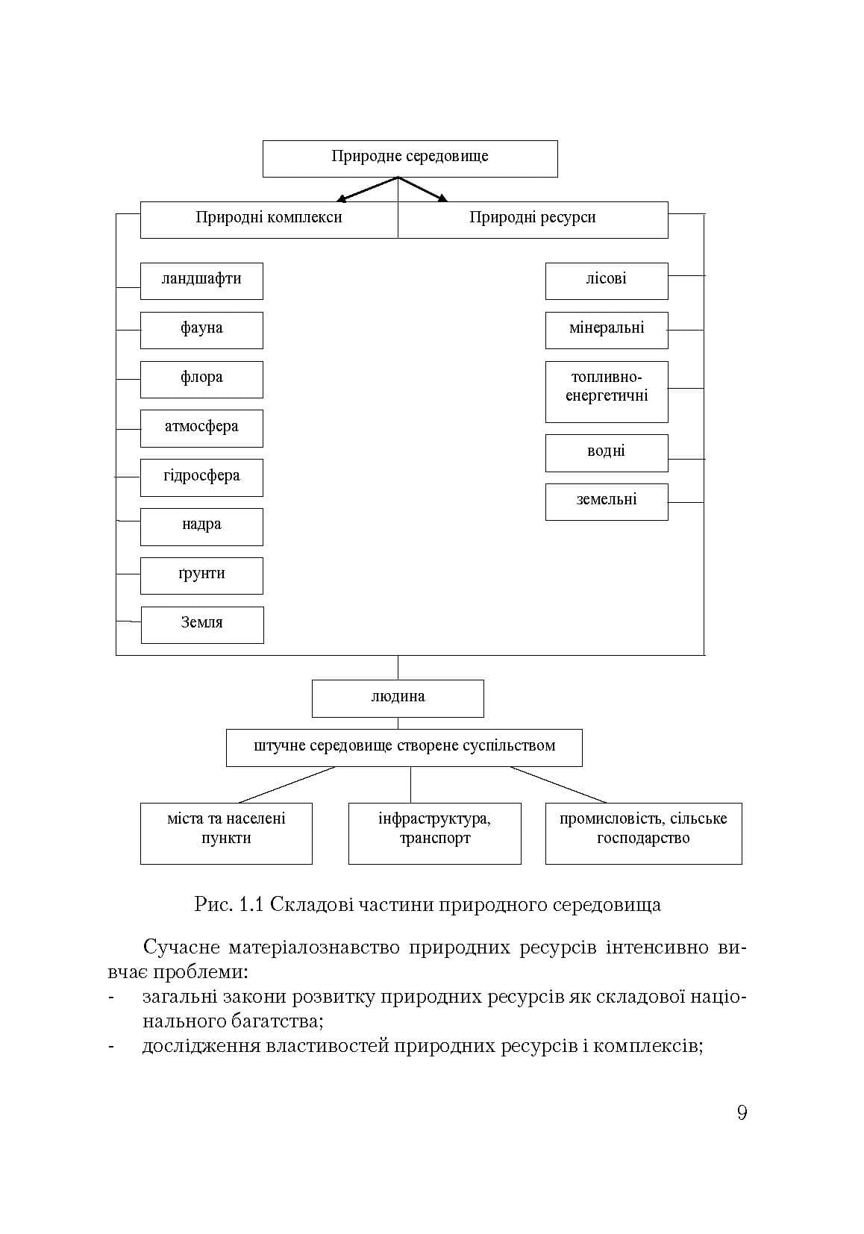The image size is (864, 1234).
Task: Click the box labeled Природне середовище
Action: click(410, 159)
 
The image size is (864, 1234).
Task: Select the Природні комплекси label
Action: click(269, 217)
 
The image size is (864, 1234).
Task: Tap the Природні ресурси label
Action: click(532, 217)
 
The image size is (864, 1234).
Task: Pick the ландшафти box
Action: click(201, 281)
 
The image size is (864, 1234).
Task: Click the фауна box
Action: click(201, 330)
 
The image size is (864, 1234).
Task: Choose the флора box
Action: click(201, 380)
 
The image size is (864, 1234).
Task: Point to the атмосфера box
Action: click(201, 428)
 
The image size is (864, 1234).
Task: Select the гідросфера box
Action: click(201, 477)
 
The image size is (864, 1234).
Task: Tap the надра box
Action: click(201, 527)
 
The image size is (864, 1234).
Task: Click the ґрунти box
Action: click(201, 576)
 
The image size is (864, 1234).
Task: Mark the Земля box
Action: click(202, 624)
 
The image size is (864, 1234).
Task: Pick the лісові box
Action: click(607, 281)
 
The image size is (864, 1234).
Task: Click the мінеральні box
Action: click(607, 330)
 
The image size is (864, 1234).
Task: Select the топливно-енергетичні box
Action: click(607, 392)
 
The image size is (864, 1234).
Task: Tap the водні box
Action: click(607, 453)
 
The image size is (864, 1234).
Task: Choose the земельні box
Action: click(607, 502)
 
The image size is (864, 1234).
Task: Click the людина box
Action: click(398, 698)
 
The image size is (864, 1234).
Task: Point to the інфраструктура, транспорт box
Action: click(435, 833)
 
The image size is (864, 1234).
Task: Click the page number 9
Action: click(742, 1112)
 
